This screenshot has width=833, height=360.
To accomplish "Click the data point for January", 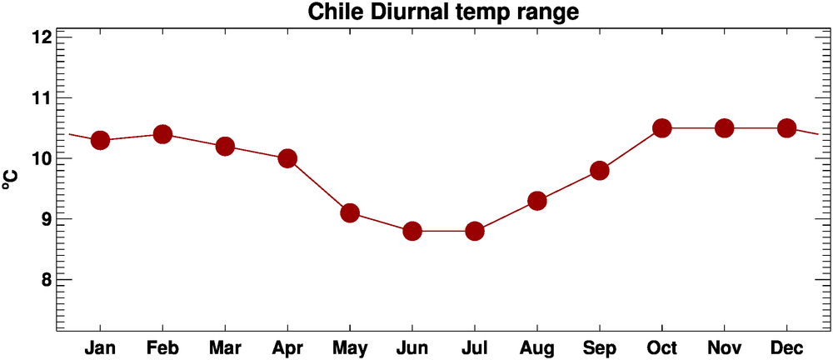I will coord(100,140).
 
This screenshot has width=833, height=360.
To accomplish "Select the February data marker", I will coord(162,134).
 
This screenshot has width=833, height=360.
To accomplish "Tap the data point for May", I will coord(350,212).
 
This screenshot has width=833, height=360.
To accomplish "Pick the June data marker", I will coord(412,231).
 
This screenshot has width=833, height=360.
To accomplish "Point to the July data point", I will coord(475,231).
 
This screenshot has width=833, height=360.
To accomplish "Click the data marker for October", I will coord(662,127).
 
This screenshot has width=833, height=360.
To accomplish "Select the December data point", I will coord(787,127).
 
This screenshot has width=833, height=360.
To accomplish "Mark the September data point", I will coord(600,170).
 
